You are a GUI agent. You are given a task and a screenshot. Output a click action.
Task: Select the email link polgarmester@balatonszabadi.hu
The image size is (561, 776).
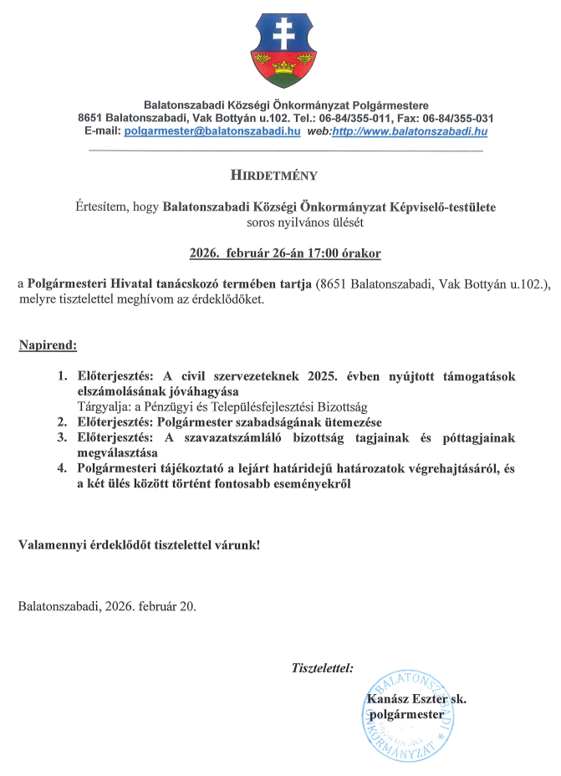coord(212,131)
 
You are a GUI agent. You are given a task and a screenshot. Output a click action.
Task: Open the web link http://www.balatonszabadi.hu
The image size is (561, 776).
coord(410,131)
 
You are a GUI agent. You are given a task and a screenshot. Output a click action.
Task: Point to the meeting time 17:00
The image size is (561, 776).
coord(316,252)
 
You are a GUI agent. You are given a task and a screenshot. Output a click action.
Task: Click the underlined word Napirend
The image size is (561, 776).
coord(48,345)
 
